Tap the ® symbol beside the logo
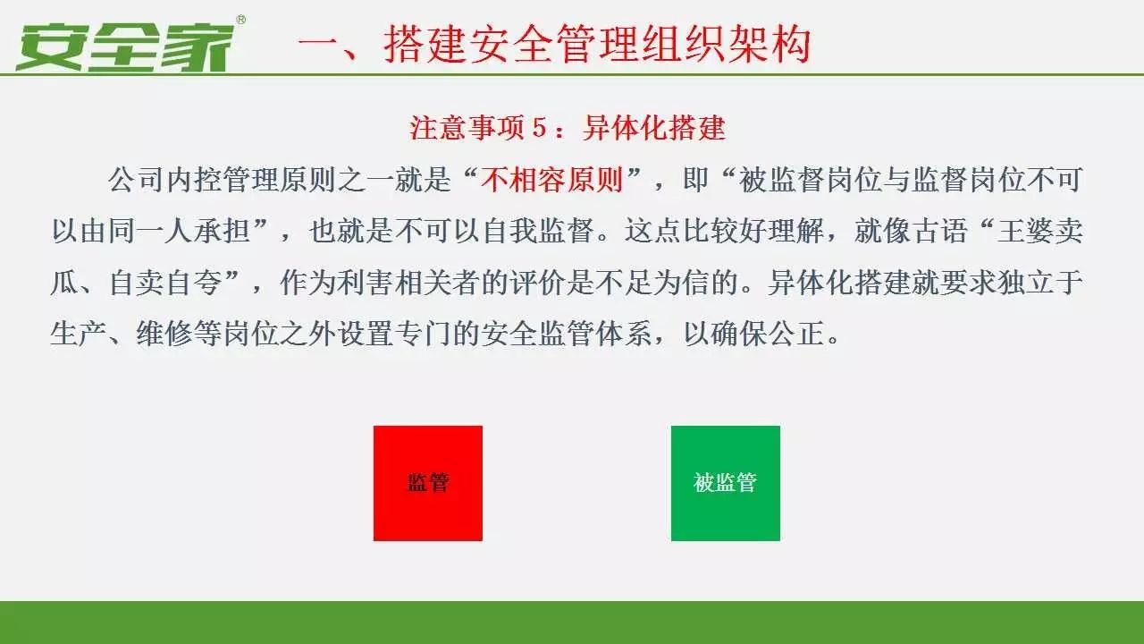(241, 20)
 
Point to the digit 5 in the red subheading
(539, 127)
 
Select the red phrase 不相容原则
(551, 180)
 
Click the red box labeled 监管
(428, 483)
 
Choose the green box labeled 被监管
(725, 483)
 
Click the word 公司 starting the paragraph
(136, 180)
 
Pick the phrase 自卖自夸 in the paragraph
(164, 282)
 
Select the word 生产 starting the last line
(79, 334)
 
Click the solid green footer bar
(572, 623)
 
